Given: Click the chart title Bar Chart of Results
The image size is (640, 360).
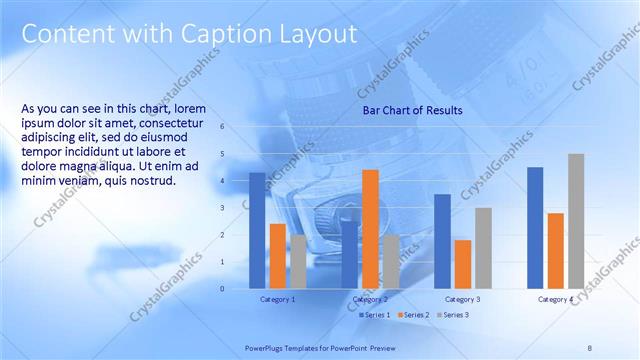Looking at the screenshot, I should [412, 111].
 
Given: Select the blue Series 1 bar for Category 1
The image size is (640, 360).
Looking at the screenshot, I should [257, 230].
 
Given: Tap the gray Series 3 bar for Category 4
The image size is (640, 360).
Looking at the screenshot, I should [576, 221].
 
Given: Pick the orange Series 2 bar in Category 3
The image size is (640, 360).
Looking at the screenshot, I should [462, 264].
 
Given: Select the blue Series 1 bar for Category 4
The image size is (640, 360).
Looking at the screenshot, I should [535, 227].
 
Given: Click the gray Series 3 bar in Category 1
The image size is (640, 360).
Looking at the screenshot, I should [298, 261].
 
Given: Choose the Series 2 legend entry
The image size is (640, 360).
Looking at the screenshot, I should [413, 315].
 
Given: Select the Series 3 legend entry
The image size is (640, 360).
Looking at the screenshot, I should [452, 315].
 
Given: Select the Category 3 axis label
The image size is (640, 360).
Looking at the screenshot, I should [463, 299].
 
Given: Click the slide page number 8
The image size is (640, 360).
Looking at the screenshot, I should [590, 347].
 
